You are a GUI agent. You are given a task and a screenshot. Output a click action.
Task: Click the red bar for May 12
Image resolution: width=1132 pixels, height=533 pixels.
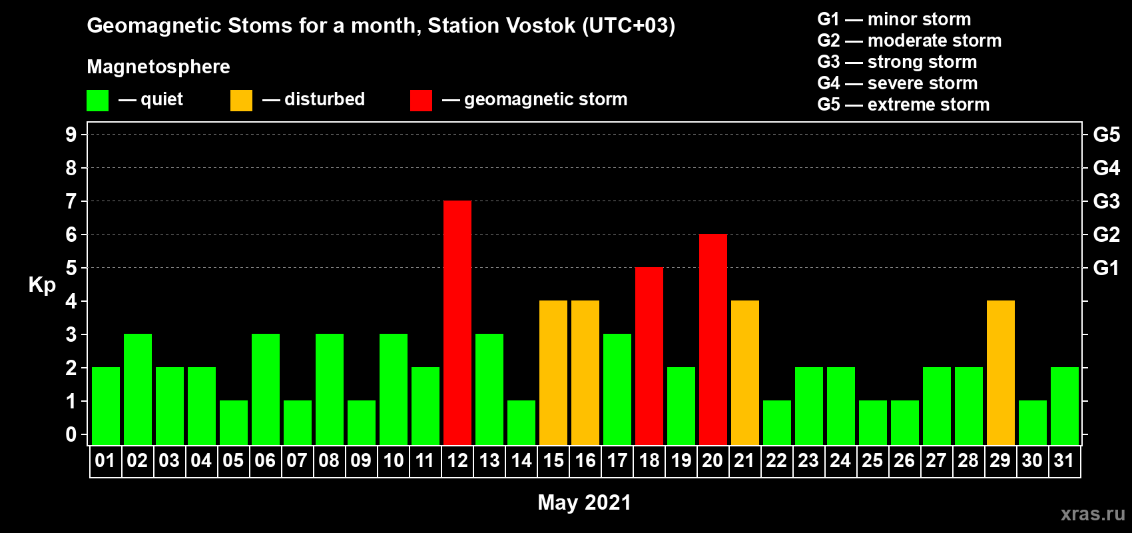click(457, 322)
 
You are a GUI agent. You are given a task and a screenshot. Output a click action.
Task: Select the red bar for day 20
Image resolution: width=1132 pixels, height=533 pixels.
click(713, 339)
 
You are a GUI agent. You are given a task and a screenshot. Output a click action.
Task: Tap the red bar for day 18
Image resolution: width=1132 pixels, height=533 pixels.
click(649, 356)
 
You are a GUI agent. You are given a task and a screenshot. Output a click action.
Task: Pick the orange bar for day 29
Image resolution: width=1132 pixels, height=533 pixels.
click(1001, 372)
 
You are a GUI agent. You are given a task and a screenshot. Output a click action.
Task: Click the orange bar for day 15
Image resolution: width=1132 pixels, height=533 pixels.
click(553, 372)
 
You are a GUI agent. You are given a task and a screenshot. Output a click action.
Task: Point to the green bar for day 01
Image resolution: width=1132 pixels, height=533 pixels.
click(106, 406)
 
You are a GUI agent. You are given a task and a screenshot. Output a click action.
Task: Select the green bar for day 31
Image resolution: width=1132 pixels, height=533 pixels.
click(1065, 406)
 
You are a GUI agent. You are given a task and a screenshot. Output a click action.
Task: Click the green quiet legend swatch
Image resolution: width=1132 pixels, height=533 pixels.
click(97, 100)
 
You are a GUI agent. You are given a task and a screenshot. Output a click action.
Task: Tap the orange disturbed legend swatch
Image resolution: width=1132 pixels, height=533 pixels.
click(241, 100)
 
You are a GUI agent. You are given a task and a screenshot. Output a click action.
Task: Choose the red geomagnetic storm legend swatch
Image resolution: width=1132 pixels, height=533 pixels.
click(421, 100)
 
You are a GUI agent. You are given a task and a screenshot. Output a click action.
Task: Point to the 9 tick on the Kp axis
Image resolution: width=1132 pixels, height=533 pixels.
click(71, 135)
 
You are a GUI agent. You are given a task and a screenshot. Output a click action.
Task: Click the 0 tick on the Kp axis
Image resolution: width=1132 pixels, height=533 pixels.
click(71, 434)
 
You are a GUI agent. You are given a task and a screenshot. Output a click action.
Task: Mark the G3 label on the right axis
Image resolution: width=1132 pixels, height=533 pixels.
click(1107, 201)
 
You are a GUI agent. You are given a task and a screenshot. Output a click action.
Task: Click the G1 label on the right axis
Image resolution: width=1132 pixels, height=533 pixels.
click(1107, 268)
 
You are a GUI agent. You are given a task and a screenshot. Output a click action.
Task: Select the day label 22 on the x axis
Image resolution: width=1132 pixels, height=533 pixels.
click(776, 460)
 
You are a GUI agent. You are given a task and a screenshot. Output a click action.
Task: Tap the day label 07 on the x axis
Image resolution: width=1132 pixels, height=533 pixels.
click(297, 460)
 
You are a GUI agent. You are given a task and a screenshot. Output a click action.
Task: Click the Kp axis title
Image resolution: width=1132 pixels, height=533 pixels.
click(42, 285)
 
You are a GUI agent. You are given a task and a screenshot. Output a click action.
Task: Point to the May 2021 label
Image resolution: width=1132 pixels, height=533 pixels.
click(584, 502)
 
